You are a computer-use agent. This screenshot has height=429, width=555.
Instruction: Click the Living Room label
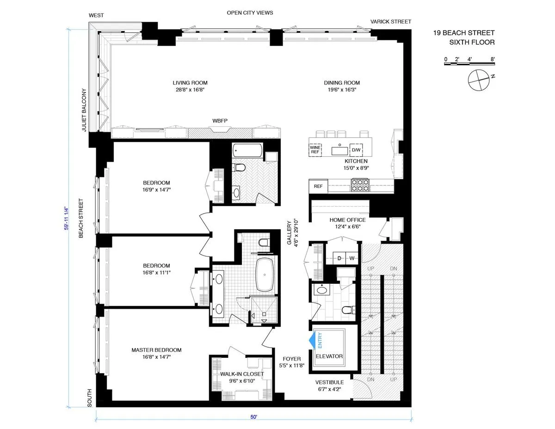point(187,83)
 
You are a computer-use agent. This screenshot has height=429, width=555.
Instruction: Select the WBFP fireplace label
point(220,121)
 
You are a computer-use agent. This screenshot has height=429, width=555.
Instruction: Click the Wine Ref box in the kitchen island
point(315,149)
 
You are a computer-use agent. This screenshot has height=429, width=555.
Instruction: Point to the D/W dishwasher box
point(356,150)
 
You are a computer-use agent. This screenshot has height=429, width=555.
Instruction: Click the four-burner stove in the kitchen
point(360,185)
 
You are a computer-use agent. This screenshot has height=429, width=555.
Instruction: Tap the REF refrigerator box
point(318,186)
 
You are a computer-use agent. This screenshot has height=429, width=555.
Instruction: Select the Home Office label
point(347,220)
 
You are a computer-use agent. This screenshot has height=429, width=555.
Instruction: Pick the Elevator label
point(329,356)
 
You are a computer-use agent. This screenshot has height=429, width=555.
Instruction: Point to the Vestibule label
point(329,382)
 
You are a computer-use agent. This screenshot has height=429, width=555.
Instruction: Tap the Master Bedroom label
point(156,350)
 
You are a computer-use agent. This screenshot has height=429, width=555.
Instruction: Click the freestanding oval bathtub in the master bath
point(265,274)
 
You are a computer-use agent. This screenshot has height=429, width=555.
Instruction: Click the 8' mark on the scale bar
point(493,59)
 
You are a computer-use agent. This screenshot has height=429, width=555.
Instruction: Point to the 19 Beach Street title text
point(464,33)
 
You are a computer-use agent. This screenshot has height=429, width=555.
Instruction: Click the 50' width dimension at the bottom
point(253,417)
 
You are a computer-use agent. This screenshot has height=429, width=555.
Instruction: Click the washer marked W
point(351,257)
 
